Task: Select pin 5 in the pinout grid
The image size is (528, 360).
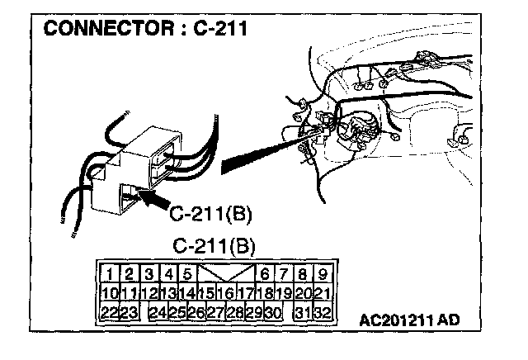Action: [x=186, y=274]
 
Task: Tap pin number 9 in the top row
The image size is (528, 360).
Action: [x=323, y=274]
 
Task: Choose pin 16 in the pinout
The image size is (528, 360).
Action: [x=224, y=292]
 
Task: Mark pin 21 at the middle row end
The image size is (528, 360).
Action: [x=323, y=292]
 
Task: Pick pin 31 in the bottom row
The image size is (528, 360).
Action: [x=304, y=311]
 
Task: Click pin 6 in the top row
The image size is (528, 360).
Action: [x=266, y=274]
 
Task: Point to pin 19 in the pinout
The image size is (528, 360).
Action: [x=284, y=292]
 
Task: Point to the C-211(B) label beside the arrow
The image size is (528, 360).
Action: [x=210, y=216]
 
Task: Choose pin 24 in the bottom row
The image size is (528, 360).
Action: [x=158, y=311]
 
